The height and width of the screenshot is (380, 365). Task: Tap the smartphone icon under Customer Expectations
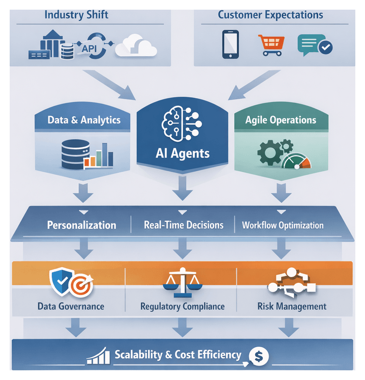click(230, 44)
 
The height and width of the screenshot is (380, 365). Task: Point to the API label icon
click(90, 48)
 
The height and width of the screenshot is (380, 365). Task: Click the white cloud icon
click(137, 45)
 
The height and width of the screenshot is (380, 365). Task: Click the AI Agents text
click(183, 153)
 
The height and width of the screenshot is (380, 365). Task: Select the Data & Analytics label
click(84, 119)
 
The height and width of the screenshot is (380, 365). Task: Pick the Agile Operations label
click(281, 119)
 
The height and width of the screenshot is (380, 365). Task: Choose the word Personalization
click(81, 225)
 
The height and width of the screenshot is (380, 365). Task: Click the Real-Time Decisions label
click(183, 225)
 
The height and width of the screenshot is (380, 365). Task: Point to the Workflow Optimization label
click(283, 225)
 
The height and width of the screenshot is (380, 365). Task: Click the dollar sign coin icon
click(258, 357)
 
